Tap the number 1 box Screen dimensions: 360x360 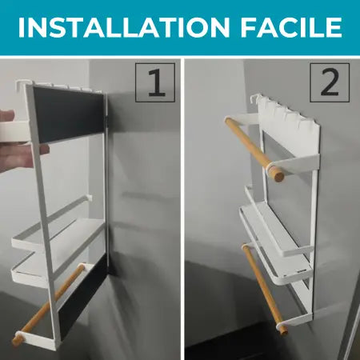coord(155,82)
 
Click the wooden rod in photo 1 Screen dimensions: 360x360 coord(48,304)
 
